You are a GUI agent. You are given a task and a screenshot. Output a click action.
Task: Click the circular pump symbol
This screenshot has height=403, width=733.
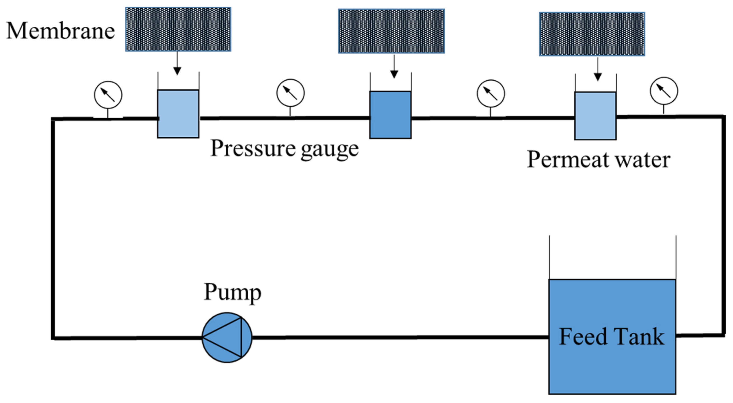click(x=227, y=337)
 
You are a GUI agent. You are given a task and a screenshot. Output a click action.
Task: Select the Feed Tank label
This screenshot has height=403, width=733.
click(x=612, y=337)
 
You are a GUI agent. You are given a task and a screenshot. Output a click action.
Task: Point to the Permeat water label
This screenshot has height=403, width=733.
click(x=599, y=160)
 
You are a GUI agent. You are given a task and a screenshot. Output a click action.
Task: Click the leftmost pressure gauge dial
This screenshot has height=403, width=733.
click(x=108, y=95)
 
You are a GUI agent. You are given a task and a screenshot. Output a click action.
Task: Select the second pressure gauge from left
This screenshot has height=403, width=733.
click(x=290, y=93)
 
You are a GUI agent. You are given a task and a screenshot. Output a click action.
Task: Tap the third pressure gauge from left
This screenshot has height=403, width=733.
click(x=491, y=94)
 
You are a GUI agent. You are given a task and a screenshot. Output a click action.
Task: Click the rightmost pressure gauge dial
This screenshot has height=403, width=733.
click(x=664, y=91)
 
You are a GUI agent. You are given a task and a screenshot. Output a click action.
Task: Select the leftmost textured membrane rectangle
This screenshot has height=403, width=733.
click(x=178, y=29)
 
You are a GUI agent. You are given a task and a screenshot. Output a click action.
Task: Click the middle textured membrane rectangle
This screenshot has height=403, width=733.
click(x=391, y=31)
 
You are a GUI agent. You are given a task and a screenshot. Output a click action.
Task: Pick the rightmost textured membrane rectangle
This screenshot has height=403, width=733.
click(x=592, y=34)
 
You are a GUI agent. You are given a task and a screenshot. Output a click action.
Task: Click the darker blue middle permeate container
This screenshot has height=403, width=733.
click(x=390, y=115)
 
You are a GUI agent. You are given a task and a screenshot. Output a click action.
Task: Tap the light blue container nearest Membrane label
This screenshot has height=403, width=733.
click(x=178, y=114)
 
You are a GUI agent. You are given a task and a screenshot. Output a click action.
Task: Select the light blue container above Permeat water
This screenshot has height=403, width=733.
click(x=595, y=116)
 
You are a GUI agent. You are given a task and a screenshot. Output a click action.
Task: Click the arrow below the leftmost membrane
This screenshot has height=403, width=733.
click(x=177, y=64)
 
